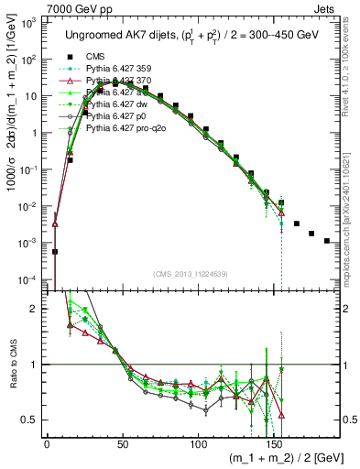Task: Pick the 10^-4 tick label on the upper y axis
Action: (x=30, y=278)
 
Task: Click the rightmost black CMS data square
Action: (x=327, y=241)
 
